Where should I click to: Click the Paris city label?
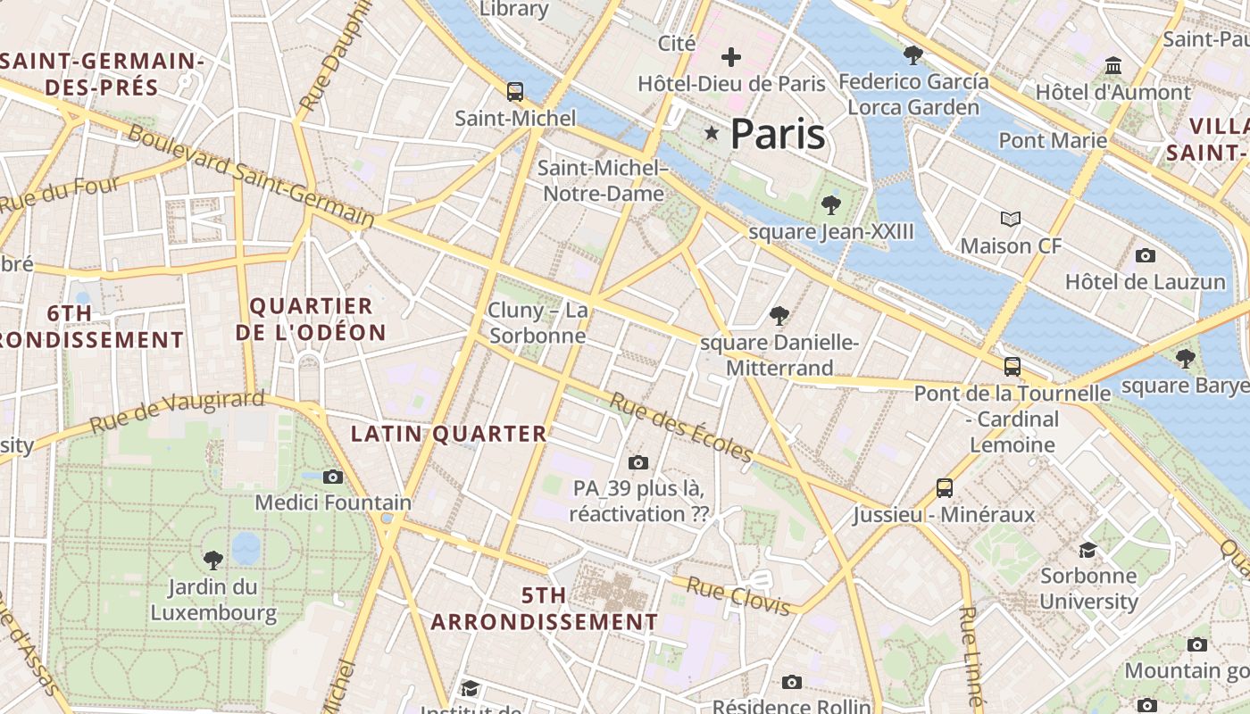coord(777,134)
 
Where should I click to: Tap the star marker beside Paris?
coord(712,133)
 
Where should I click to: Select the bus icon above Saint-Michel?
coord(515,91)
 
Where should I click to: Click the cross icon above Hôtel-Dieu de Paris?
coord(731,58)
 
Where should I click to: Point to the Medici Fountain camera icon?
coord(333,477)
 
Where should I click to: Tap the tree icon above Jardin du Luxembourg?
coord(212,560)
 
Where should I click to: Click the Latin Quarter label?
coord(448,434)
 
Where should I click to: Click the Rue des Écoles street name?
coord(680,428)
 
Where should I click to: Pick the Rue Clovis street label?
coord(738,596)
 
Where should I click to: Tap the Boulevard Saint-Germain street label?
coord(251,176)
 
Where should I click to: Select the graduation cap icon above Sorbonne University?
coord(1087,550)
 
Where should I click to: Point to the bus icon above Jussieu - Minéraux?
coord(945,488)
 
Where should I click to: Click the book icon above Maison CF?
coord(1010,219)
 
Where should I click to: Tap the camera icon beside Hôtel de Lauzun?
coord(1145,256)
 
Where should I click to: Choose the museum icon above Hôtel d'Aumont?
coord(1113,66)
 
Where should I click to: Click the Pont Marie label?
coord(1053,140)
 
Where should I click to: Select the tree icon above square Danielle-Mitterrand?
coord(779,315)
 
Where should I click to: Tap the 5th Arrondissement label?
coord(545,609)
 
